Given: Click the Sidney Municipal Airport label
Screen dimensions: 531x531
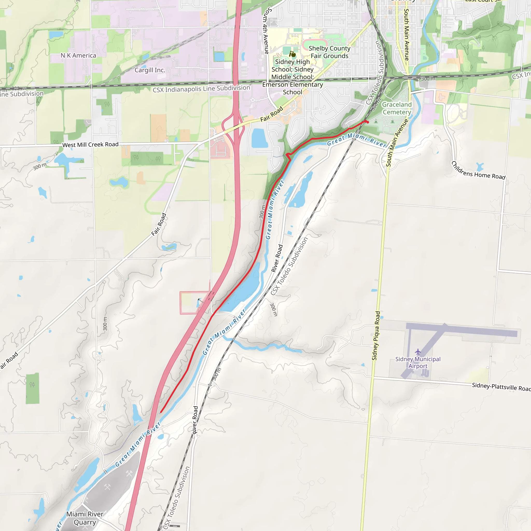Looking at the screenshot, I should coord(418,362).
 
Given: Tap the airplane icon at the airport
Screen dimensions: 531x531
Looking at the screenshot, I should coord(418,352).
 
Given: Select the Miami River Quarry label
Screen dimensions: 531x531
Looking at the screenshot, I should coord(85,518).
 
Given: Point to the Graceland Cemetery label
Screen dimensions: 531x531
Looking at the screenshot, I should coord(397,108).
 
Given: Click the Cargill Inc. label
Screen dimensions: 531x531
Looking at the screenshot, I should coord(150,70).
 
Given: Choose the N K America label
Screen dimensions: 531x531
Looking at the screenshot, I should coord(78,55).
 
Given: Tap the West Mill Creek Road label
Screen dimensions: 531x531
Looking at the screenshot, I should coord(90,145).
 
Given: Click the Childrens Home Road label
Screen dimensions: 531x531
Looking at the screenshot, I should coord(478,171).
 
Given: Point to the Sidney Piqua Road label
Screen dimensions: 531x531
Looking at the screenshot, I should coord(376,336).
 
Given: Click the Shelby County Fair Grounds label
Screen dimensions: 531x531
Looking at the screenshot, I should coord(330,52).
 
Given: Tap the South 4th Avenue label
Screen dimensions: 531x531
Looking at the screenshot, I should coord(266,30).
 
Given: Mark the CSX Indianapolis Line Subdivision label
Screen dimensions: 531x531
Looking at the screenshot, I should coord(201,89).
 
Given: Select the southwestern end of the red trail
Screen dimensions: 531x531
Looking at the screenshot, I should coord(161,412).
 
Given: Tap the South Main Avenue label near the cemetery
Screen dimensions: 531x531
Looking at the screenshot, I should coord(397,143).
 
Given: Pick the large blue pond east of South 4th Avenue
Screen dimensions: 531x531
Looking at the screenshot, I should coord(259,138).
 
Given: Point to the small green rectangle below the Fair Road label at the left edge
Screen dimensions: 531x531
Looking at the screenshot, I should coord(32,388).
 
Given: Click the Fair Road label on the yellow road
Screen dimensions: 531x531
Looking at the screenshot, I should coord(271,114).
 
